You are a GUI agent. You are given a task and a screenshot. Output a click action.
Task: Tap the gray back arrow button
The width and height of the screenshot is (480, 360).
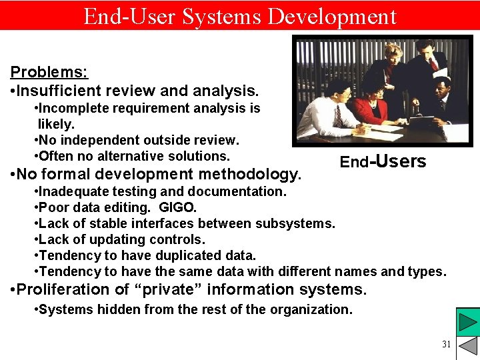coord(467,347)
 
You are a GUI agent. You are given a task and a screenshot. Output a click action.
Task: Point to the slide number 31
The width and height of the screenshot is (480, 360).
coord(446,344)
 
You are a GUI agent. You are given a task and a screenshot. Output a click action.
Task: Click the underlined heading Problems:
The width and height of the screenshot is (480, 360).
coord(49,71)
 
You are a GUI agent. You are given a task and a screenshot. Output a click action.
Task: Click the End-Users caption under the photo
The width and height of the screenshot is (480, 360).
coord(383,162)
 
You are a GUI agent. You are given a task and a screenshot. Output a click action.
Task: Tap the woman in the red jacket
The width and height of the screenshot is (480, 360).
coord(371,107)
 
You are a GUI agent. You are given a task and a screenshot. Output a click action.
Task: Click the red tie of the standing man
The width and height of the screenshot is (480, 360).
coord(433,64)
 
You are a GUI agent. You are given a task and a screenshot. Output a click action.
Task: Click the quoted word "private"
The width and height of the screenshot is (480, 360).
coord(167,289)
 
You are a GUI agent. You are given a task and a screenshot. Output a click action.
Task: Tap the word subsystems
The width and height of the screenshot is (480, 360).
coord(296,223)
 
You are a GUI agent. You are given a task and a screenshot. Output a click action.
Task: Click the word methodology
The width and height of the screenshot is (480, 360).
coord(256,174)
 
